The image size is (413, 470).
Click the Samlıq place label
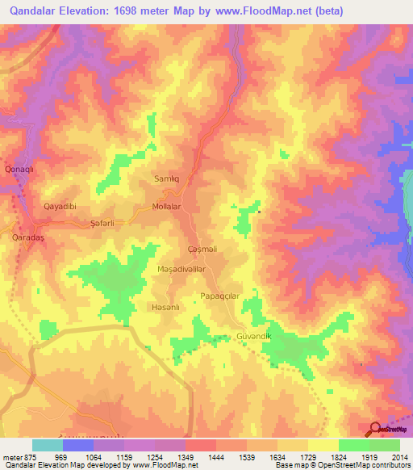[166, 178]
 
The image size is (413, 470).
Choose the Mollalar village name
[170, 207]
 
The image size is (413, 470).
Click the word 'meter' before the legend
[12, 456]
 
